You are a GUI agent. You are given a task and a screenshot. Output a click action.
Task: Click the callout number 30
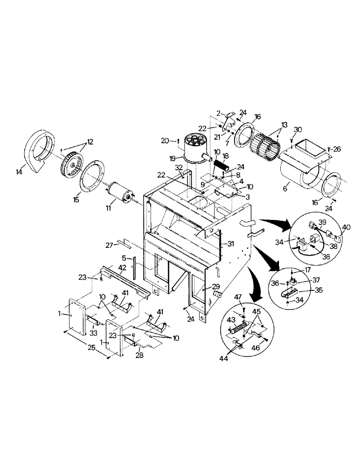coord(298,129)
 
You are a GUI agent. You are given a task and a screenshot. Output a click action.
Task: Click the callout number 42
coord(122,267)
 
